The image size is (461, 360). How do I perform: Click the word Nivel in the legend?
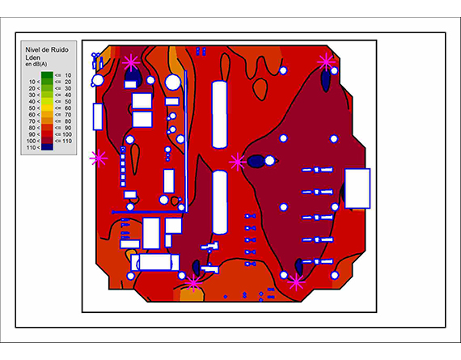coord(32,49)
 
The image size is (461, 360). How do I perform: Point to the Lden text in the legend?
coord(32,57)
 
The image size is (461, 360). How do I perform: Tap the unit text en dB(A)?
coord(36,64)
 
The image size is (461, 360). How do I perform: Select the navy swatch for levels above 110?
coord(47,147)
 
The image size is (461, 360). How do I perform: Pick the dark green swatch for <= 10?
coord(47,75)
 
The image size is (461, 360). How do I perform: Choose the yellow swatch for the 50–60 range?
coord(47,108)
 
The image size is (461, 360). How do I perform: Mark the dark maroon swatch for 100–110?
coord(47,141)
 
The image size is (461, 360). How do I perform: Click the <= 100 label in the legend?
coord(63,134)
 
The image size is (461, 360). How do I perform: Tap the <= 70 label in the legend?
coord(63,115)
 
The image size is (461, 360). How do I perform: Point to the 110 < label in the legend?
coord(32,148)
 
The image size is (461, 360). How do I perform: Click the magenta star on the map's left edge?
coord(99,159)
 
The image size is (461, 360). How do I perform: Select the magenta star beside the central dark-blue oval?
coord(237,162)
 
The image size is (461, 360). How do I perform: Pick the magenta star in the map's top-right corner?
coord(326,61)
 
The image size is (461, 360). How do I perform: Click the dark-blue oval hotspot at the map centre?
coord(256,161)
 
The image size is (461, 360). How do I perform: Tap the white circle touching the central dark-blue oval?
coord(269,161)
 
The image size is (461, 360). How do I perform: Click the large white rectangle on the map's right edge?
coord(357,188)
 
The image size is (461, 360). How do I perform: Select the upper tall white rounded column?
coord(220,114)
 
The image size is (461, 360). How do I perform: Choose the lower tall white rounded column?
coord(220,202)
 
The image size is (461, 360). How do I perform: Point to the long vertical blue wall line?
coord(185,141)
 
